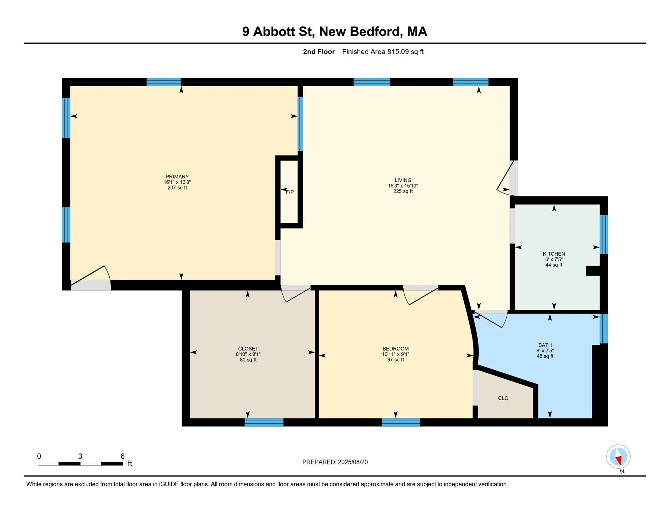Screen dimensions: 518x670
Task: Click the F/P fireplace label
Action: pyautogui.click(x=290, y=192)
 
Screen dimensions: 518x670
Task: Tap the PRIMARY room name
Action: pyautogui.click(x=177, y=177)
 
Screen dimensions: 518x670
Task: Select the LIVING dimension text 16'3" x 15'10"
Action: pyautogui.click(x=403, y=186)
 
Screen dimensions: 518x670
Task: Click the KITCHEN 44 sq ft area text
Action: pyautogui.click(x=554, y=265)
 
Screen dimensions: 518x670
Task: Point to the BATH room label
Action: pyautogui.click(x=545, y=345)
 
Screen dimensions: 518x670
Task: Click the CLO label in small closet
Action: pyautogui.click(x=503, y=398)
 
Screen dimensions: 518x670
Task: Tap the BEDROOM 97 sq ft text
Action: pyautogui.click(x=395, y=360)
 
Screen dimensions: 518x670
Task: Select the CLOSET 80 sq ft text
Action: pyautogui.click(x=248, y=360)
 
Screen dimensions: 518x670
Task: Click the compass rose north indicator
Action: pyautogui.click(x=618, y=457)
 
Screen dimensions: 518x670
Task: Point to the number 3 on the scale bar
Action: pyautogui.click(x=80, y=456)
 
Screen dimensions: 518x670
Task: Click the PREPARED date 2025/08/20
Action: pyautogui.click(x=335, y=462)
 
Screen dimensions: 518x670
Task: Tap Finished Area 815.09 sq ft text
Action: pyautogui.click(x=383, y=52)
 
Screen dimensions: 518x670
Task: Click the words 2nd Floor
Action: pyautogui.click(x=318, y=52)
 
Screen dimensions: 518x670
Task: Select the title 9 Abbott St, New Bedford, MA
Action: pyautogui.click(x=335, y=31)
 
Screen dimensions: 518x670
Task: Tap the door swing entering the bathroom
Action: pyautogui.click(x=490, y=319)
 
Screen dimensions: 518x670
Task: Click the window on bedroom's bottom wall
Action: pyautogui.click(x=401, y=422)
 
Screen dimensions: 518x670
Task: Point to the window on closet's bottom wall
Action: pyautogui.click(x=264, y=422)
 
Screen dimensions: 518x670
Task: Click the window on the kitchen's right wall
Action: pyautogui.click(x=604, y=234)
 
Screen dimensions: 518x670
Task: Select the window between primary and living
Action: pyautogui.click(x=300, y=124)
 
